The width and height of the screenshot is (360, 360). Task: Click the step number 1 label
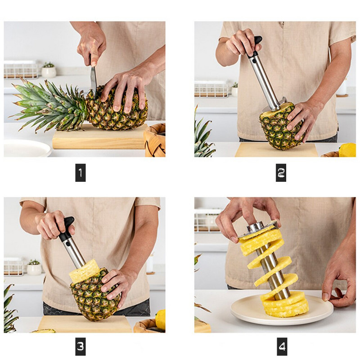(x=80, y=173)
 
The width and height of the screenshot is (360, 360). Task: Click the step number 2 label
(x=281, y=173)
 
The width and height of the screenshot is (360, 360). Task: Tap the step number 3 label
(x=80, y=346)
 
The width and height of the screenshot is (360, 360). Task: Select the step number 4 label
(x=281, y=346)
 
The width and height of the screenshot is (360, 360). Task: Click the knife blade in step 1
(x=93, y=79)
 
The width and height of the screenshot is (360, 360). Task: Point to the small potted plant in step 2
(x=234, y=89)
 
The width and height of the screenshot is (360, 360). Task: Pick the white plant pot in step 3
(x=34, y=269)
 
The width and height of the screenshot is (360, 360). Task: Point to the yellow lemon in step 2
(x=347, y=150)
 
